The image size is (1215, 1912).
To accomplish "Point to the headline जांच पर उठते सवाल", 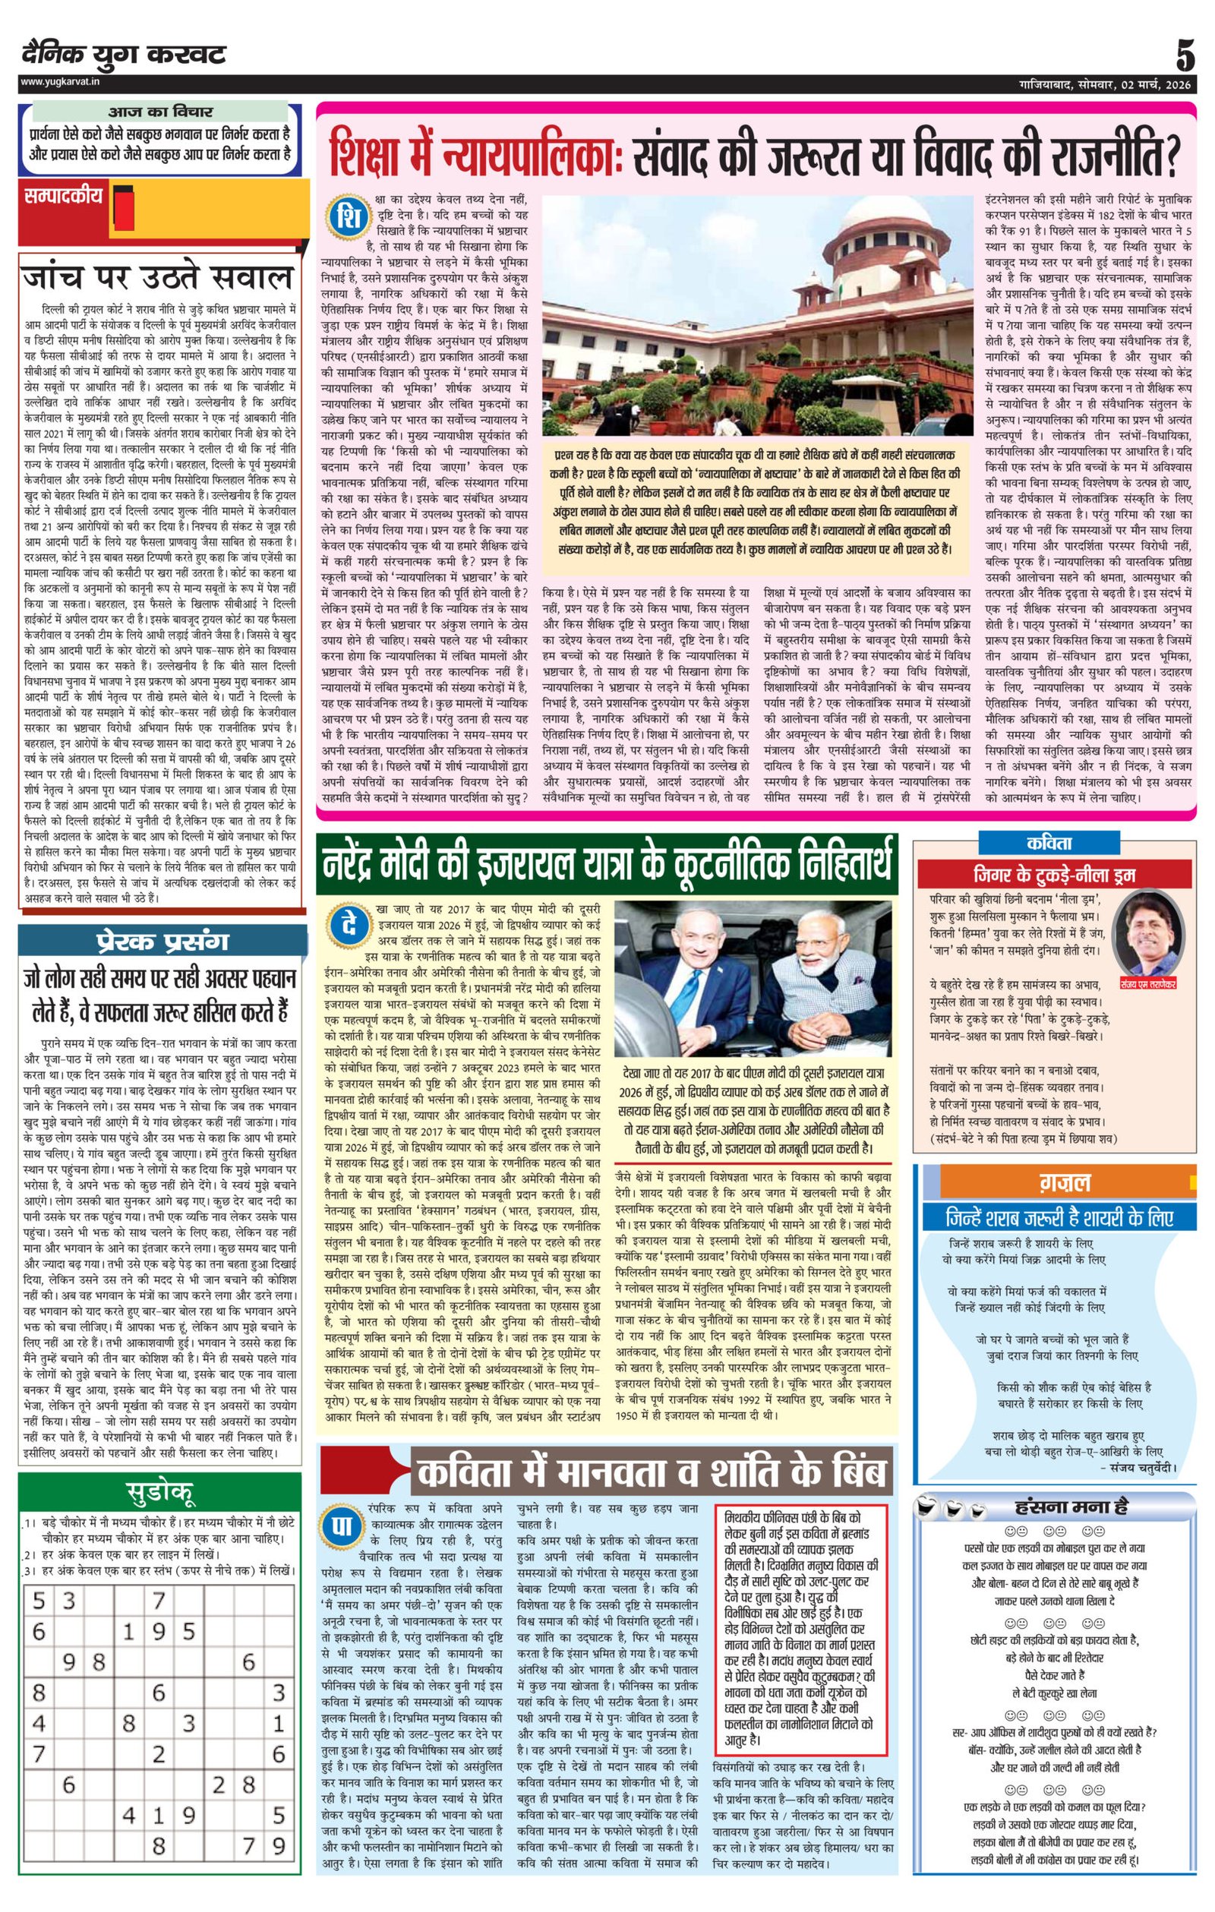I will (x=159, y=277).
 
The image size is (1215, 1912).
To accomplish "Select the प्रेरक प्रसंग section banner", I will (x=162, y=942).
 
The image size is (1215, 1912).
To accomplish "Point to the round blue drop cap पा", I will (x=342, y=1528).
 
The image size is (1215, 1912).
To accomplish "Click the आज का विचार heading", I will (x=160, y=112).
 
